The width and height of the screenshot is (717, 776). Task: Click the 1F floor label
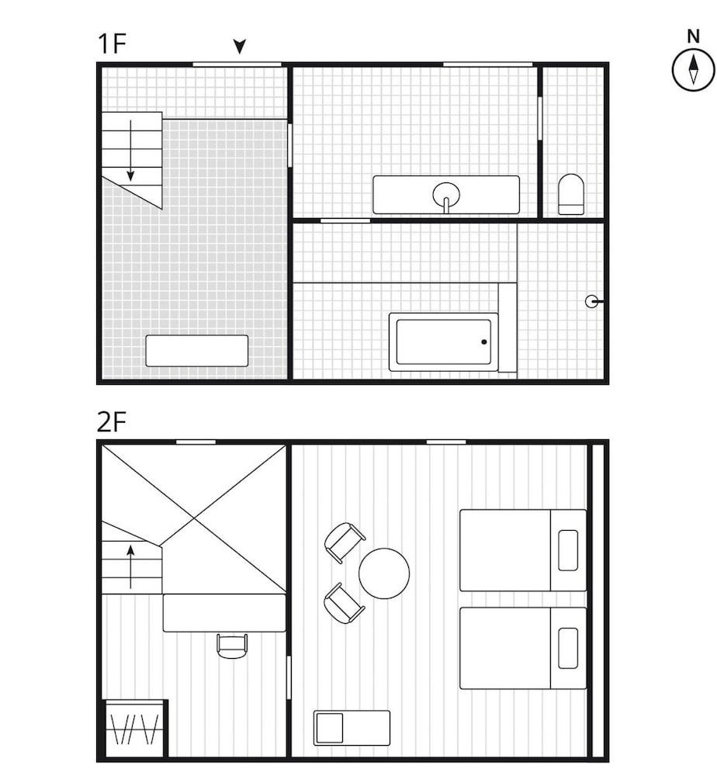113,43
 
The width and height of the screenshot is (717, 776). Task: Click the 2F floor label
112,422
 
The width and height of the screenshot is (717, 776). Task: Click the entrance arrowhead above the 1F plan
240,47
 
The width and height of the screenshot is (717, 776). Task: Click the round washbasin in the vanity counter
446,193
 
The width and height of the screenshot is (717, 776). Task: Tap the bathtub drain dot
484,342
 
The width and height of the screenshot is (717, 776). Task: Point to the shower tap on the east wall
593,301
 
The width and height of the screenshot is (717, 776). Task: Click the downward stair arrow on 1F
130,151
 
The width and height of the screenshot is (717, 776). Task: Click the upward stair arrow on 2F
130,566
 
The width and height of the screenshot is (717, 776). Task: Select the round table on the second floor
384,573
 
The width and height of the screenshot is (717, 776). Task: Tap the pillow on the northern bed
568,550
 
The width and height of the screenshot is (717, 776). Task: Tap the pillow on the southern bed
568,648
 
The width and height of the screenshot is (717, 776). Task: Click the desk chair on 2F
232,646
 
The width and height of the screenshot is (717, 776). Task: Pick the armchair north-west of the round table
345,543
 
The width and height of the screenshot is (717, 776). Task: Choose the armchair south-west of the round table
344,603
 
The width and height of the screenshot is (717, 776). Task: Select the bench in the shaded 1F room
197,351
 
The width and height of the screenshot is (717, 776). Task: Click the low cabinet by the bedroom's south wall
352,728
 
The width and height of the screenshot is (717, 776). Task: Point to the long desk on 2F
225,613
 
